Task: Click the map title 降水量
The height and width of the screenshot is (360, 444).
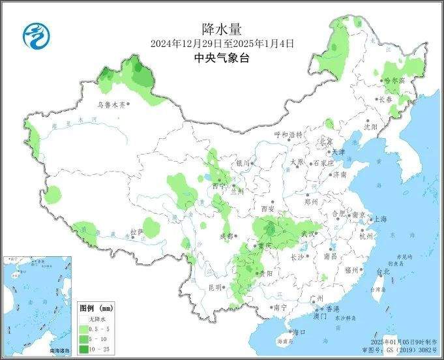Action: coord(222,29)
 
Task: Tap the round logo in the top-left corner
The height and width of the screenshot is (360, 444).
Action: coord(36,35)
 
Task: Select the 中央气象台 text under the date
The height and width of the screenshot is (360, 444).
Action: coord(222,58)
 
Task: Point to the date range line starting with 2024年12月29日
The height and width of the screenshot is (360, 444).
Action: coord(222,44)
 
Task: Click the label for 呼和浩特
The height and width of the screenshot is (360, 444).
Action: coord(288,135)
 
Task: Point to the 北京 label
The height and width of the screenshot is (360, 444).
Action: coord(325,141)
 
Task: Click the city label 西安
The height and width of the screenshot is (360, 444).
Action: coord(268,209)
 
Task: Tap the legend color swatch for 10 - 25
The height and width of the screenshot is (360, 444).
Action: coord(85,350)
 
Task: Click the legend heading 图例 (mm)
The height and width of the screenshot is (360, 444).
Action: coord(96,308)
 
